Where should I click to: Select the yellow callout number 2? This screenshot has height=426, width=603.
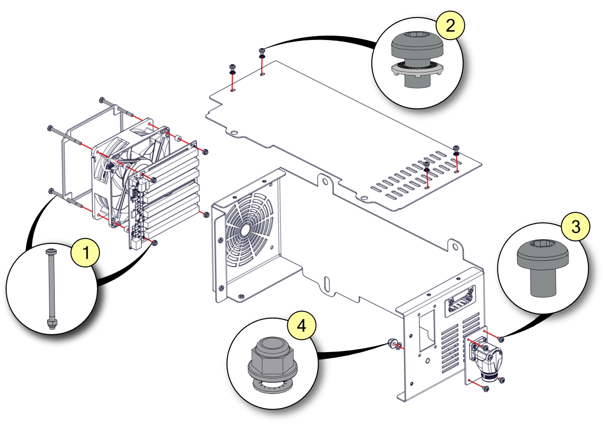(450, 25)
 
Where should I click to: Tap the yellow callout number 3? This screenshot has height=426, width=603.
(575, 227)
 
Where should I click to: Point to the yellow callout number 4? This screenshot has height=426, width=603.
(301, 325)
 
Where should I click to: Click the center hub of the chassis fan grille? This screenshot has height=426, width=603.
(244, 230)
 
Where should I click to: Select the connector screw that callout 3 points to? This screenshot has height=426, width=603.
(501, 339)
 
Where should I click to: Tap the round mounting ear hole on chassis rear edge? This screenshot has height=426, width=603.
(455, 246)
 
